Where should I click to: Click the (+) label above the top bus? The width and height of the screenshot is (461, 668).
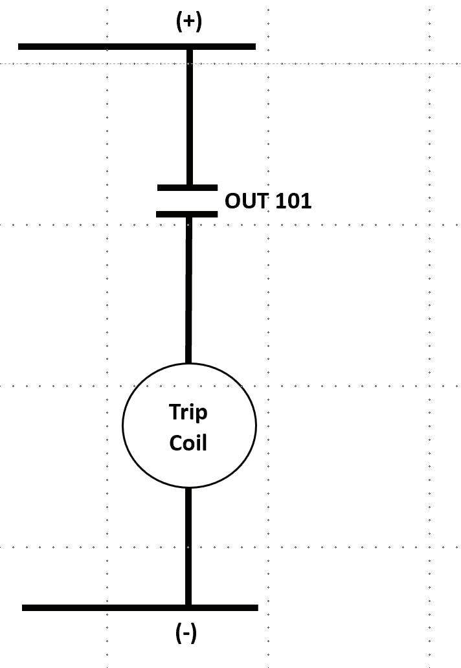tap(188, 21)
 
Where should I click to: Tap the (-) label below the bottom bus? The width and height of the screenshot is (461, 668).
tap(186, 633)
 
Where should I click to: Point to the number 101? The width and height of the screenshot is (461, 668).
tap(293, 201)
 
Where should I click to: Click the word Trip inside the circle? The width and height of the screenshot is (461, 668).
tap(188, 412)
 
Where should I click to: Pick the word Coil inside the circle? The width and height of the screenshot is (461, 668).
tap(188, 443)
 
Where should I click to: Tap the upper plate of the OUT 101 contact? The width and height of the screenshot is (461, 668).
tap(187, 188)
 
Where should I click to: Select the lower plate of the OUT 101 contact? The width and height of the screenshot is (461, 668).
tap(187, 214)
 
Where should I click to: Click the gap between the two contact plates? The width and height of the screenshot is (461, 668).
tap(187, 201)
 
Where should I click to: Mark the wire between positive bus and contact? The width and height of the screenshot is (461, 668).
tap(190, 117)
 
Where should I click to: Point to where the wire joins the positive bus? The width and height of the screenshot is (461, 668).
tap(190, 47)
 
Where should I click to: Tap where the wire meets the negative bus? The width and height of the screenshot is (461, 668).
tap(188, 607)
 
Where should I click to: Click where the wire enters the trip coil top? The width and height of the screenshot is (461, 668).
tap(188, 363)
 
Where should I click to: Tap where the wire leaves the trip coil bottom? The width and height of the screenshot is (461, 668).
tap(188, 487)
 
